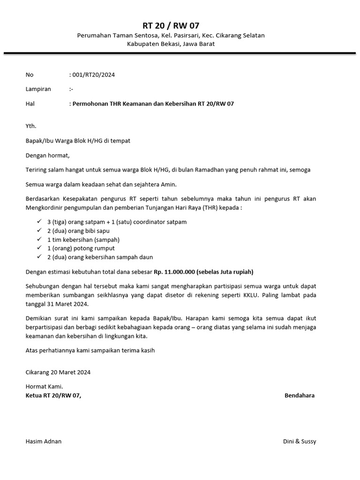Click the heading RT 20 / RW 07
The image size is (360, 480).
[x=171, y=25]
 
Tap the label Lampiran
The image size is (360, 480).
[x=38, y=89]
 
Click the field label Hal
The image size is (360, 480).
[x=30, y=104]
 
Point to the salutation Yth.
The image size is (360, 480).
[x=31, y=126]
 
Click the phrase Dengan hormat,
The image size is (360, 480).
[x=47, y=155]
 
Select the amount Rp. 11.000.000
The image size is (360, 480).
[x=174, y=272]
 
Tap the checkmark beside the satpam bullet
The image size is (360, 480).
[x=39, y=222]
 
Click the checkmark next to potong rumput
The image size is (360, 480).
[x=39, y=248]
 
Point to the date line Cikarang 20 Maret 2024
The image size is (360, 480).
[x=58, y=372]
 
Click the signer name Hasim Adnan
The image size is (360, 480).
[x=44, y=441]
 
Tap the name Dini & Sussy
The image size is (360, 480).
[x=300, y=441]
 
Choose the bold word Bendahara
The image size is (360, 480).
[x=300, y=395]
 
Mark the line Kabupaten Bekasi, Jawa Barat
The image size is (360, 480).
[x=171, y=44]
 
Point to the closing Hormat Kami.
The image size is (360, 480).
[x=44, y=387]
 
